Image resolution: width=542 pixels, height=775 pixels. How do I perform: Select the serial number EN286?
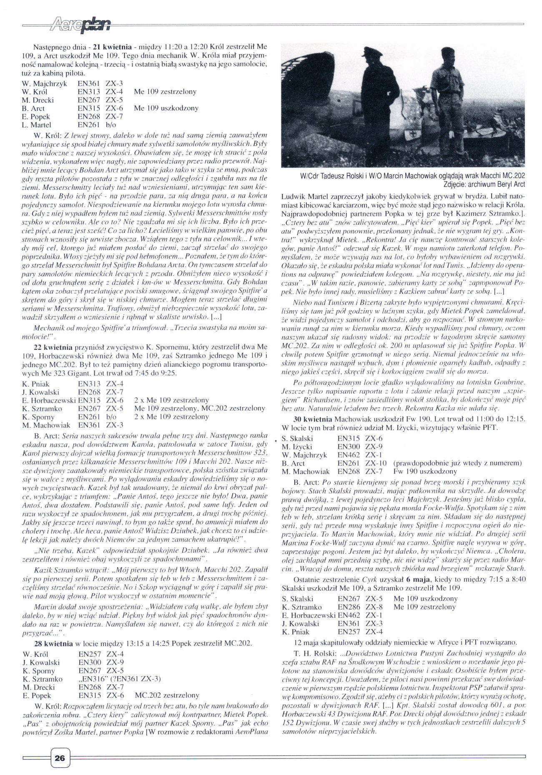coord(349,607)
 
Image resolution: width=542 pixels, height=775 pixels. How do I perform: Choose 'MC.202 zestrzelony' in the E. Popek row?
coord(167,695)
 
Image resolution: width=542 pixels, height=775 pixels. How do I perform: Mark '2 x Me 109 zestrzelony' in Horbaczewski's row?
coord(171,400)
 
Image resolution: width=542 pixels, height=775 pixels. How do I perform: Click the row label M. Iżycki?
coord(296,447)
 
